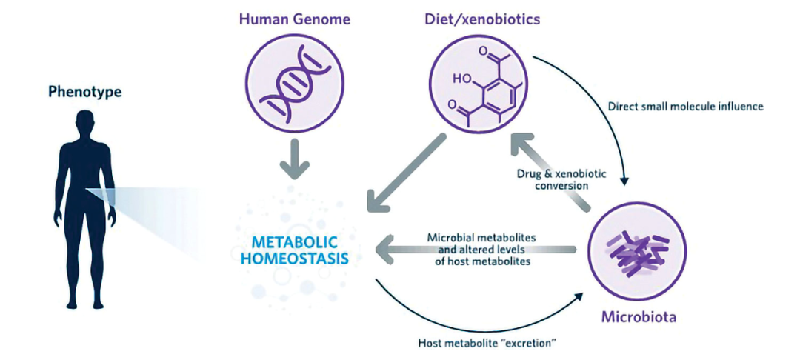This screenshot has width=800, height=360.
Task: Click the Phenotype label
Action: click(84, 92)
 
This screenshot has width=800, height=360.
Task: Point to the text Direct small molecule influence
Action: click(685, 106)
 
